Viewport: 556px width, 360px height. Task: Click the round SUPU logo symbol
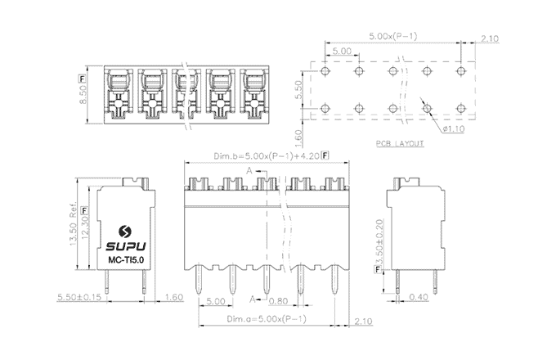[x=125, y=231]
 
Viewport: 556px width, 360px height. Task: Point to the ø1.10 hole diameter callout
[x=455, y=128]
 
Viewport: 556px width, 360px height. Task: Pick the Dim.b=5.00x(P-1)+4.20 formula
[x=267, y=155]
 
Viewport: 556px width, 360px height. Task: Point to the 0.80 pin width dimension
[x=280, y=300]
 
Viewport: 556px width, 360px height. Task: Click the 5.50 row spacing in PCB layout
[x=299, y=90]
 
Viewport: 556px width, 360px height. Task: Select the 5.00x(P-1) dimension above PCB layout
[x=394, y=37]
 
